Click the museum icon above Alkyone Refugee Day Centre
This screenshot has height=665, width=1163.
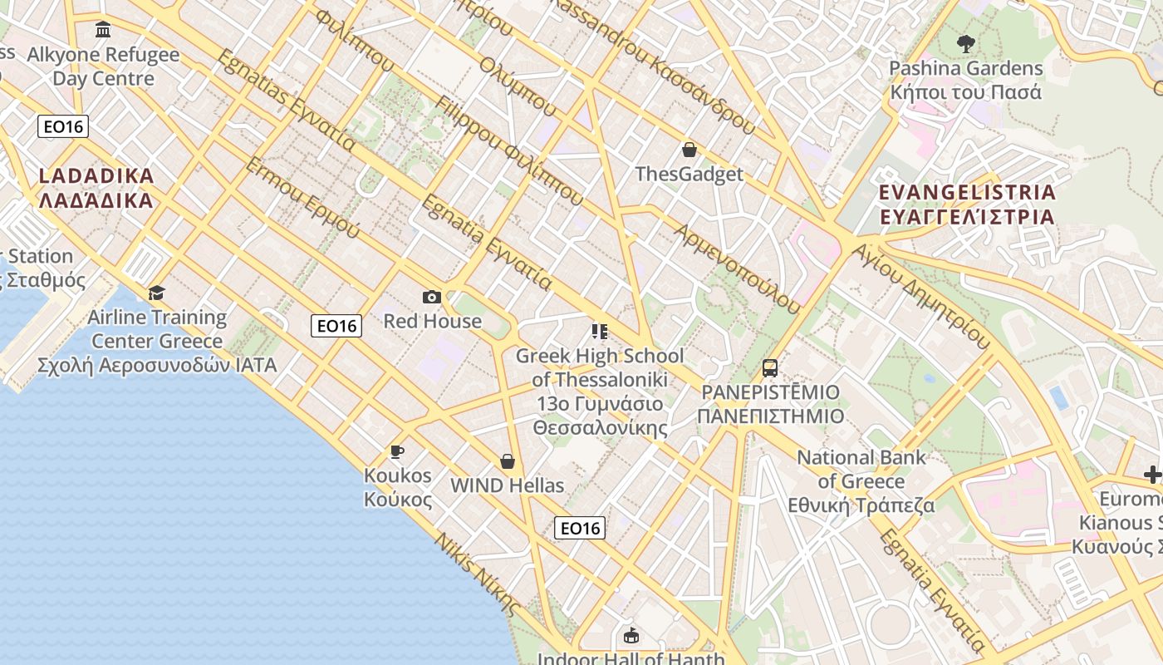point(103,30)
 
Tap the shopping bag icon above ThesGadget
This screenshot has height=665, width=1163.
point(689,150)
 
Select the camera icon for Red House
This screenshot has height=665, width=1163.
point(432,297)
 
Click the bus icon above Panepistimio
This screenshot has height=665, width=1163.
point(770,367)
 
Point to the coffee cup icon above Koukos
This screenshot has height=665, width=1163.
point(397,451)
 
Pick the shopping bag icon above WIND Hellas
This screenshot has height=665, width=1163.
point(507,461)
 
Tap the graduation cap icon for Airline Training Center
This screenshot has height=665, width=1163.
point(156,293)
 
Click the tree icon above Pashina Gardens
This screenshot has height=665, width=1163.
point(965,43)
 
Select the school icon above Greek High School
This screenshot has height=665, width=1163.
point(600,332)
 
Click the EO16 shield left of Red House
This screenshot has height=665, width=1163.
point(336,326)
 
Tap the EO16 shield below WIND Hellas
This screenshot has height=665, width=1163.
point(580,528)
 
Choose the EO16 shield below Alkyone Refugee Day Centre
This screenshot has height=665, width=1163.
point(63,126)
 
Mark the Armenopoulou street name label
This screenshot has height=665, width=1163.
point(739,268)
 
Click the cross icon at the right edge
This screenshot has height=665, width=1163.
point(1153,475)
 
